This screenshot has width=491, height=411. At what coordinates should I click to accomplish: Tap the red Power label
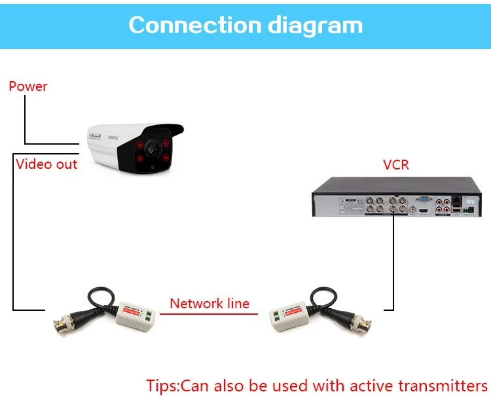point(28,86)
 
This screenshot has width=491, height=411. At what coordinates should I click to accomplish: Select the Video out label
point(46,164)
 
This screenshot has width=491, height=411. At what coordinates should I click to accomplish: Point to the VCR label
point(395,164)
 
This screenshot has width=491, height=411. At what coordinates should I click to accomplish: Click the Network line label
point(209,304)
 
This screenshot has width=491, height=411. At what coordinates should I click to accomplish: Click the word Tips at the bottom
point(161,385)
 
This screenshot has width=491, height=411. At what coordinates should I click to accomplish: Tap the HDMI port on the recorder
point(424,212)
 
